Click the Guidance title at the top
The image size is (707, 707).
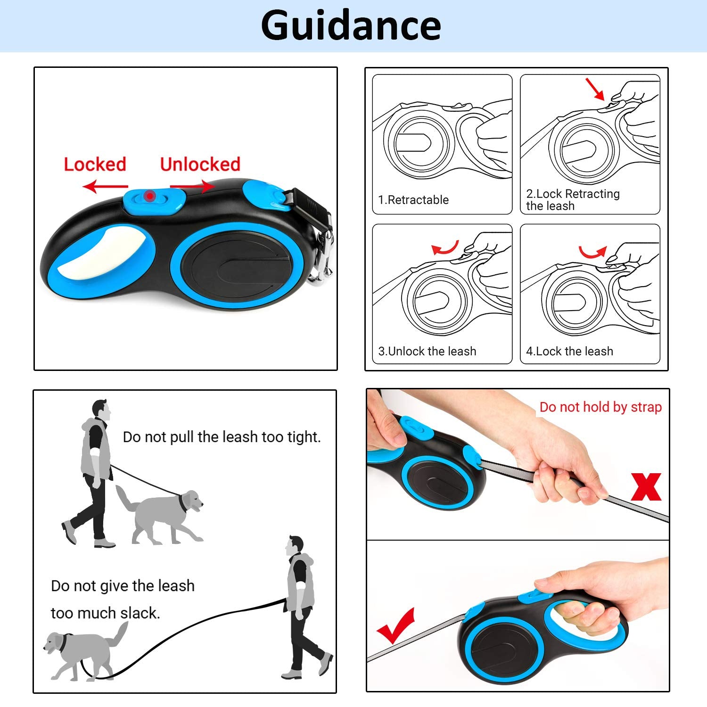click(x=351, y=26)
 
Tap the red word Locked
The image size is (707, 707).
click(x=95, y=164)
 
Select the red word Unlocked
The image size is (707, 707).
click(x=200, y=164)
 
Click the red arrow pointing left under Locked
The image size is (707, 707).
click(x=105, y=187)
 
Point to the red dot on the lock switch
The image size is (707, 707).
click(x=149, y=195)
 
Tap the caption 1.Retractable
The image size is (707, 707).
click(x=413, y=200)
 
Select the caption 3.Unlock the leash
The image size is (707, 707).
click(x=427, y=351)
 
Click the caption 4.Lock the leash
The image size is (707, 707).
click(x=569, y=351)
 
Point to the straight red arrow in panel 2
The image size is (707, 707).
click(x=595, y=89)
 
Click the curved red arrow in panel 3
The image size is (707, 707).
click(x=445, y=248)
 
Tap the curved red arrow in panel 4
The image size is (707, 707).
click(x=592, y=252)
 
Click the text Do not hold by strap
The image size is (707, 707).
click(x=600, y=407)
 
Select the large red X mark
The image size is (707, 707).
click(x=646, y=487)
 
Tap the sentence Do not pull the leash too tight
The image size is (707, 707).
click(x=222, y=437)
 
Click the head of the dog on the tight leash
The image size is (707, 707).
click(x=190, y=501)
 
